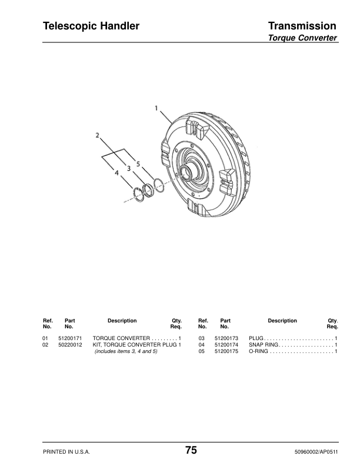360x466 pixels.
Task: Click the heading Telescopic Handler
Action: (91, 26)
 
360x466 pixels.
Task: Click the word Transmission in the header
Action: (302, 26)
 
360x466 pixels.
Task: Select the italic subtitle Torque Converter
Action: (302, 38)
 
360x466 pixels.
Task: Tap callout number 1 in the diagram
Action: (156, 108)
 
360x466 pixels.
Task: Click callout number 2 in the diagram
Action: (98, 135)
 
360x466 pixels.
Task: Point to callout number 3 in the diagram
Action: (129, 168)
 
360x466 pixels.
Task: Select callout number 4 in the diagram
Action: (116, 172)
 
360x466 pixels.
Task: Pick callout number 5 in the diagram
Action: (138, 164)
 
